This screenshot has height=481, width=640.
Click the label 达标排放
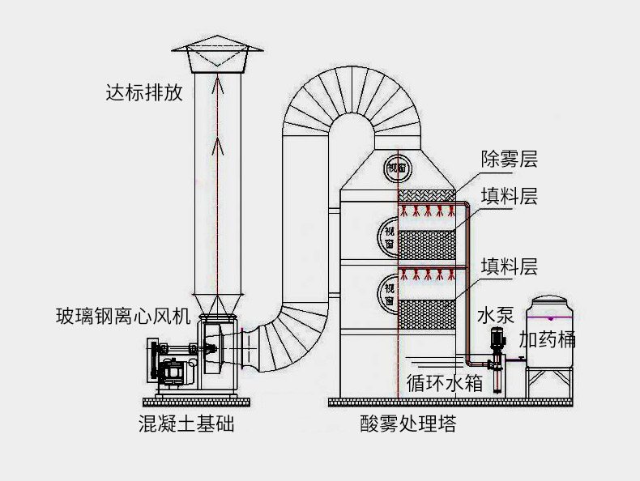pos(144,92)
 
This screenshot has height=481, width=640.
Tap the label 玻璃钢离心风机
pos(123,316)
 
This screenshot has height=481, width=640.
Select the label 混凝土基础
pos(186,424)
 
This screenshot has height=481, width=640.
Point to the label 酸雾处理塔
pos(408,424)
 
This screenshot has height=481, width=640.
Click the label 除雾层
pos(509,159)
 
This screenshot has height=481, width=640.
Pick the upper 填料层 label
pos(509,196)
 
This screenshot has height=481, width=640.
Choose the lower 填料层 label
pos(509,266)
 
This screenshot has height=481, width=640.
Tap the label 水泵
pos(496,315)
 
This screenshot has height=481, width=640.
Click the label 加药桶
pos(547,339)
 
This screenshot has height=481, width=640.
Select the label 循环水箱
pos(445,383)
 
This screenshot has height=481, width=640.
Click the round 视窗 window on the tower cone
pos(398,168)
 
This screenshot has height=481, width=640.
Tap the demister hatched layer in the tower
pos(426,195)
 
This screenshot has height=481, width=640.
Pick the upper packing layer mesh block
pos(426,245)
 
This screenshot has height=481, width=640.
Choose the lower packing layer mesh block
pos(426,314)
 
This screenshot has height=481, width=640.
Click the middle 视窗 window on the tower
pos(388,238)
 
